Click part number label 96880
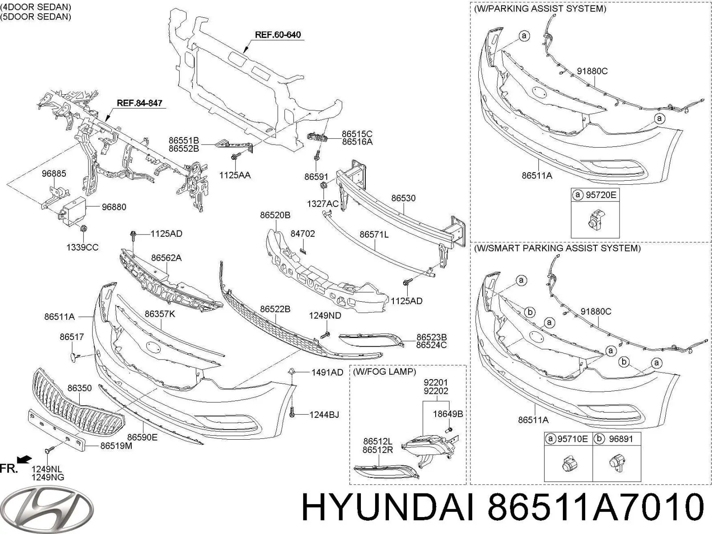(113, 207)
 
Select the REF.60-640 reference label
(277, 35)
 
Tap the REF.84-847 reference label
(139, 103)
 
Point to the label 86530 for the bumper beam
(403, 198)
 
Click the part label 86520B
(275, 215)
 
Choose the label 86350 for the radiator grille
(80, 388)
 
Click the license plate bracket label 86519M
(116, 445)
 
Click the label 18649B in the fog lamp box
(448, 414)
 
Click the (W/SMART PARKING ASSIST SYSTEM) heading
(557, 248)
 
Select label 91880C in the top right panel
(592, 71)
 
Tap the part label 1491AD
(327, 372)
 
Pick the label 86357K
(160, 314)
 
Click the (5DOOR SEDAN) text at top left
(36, 17)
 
